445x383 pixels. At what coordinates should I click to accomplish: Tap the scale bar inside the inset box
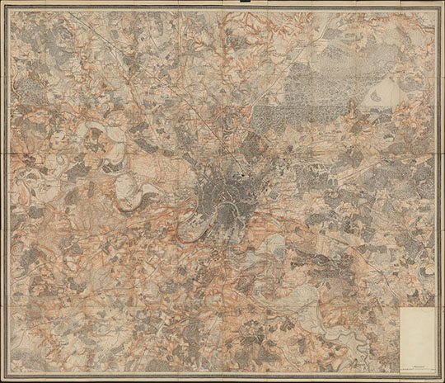point(416,365)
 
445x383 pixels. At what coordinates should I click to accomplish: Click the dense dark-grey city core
point(221,188)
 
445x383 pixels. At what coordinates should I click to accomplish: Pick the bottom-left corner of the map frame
point(7,373)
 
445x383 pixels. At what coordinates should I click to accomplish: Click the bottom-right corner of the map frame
point(438,373)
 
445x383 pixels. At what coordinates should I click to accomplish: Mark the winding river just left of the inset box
point(379,334)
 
